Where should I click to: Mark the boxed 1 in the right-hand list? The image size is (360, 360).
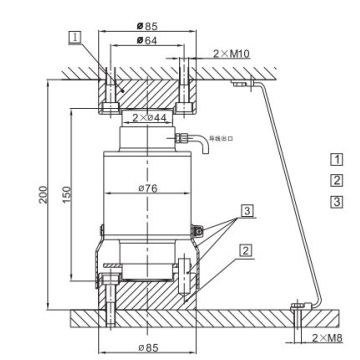coord(336,157)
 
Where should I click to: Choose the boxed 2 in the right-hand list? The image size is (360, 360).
coord(336,180)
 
